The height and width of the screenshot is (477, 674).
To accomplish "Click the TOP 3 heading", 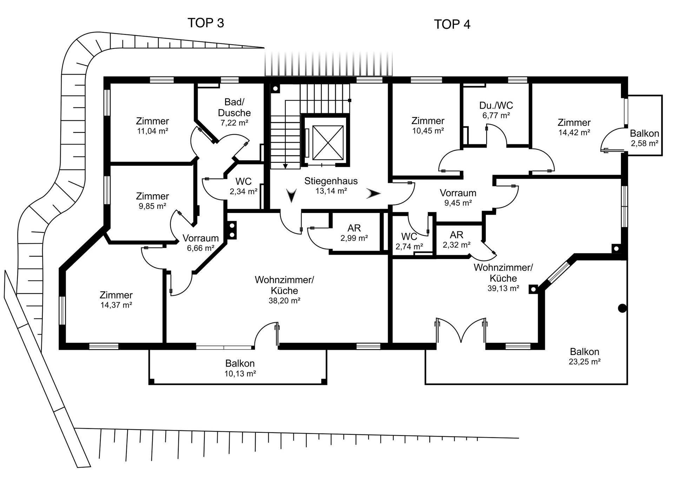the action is [206, 23].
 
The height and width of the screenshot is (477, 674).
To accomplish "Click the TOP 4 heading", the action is [452, 24].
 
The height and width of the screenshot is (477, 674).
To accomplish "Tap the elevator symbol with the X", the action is [327, 143].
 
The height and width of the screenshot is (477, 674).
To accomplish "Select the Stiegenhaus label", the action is [331, 181].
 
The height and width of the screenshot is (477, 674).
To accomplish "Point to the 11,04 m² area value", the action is [152, 131].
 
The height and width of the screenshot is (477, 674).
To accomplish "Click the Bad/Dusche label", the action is [234, 108].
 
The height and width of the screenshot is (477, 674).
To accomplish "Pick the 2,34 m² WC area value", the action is [244, 192].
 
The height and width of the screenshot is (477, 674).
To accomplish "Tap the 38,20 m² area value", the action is [284, 301].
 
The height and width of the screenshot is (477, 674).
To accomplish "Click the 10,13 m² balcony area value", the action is [240, 374].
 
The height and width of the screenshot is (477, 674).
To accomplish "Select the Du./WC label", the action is [496, 105].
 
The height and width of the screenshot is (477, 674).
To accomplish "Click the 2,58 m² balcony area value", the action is [645, 143].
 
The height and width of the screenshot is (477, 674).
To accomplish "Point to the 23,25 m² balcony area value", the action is [584, 362].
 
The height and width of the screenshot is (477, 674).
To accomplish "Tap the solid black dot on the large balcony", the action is [622, 308].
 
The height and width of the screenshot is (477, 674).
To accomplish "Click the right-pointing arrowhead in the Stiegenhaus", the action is [374, 193].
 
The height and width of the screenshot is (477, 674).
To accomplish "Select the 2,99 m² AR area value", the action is [354, 238].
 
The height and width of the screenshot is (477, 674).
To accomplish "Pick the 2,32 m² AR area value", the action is [456, 245].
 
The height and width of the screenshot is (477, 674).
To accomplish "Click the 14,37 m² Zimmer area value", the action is [116, 305].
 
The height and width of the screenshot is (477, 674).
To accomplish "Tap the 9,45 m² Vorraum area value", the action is [458, 203].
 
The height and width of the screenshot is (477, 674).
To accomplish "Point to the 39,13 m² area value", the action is [503, 288].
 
